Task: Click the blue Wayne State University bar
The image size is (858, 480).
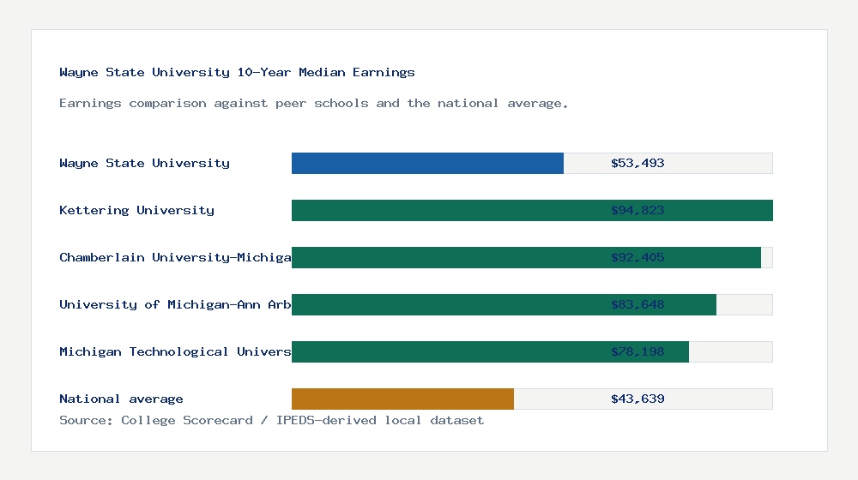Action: (427, 163)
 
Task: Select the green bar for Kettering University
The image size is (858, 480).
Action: (446, 210)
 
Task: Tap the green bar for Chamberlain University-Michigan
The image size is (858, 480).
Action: (446, 257)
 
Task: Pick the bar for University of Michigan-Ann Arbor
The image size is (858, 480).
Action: (446, 304)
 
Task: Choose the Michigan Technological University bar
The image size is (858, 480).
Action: (446, 351)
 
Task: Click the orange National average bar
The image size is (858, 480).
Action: (402, 399)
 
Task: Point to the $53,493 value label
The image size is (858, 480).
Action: (637, 163)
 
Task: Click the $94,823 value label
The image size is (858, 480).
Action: (637, 210)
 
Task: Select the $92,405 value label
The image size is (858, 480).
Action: (637, 257)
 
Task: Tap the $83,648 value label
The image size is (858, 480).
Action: (637, 304)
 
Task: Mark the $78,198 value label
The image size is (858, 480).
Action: (637, 351)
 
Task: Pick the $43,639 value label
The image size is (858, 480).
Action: (637, 399)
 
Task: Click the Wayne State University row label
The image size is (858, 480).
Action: (144, 163)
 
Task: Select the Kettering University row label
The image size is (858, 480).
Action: (136, 210)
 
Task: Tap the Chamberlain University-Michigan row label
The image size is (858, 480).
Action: (175, 257)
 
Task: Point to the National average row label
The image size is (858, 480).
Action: (121, 399)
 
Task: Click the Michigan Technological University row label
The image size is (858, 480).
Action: (175, 351)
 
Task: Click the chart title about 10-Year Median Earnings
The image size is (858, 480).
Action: (237, 73)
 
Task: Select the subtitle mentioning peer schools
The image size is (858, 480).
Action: (313, 104)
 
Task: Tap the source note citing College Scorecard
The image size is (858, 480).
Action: (271, 421)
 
